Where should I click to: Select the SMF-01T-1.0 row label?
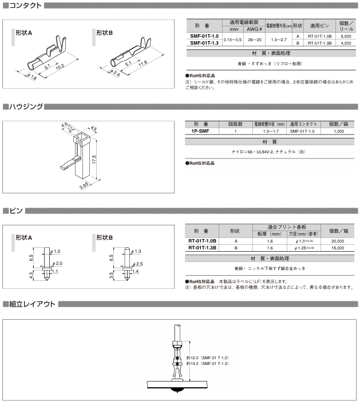click(x=204, y=36)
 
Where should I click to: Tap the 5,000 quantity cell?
click(x=345, y=36)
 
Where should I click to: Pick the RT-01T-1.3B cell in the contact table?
click(x=320, y=43)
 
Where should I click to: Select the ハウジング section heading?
click(x=24, y=106)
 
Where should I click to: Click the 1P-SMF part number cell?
click(x=201, y=131)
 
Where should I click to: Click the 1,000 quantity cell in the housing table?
click(x=339, y=131)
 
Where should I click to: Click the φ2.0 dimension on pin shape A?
click(x=58, y=263)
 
